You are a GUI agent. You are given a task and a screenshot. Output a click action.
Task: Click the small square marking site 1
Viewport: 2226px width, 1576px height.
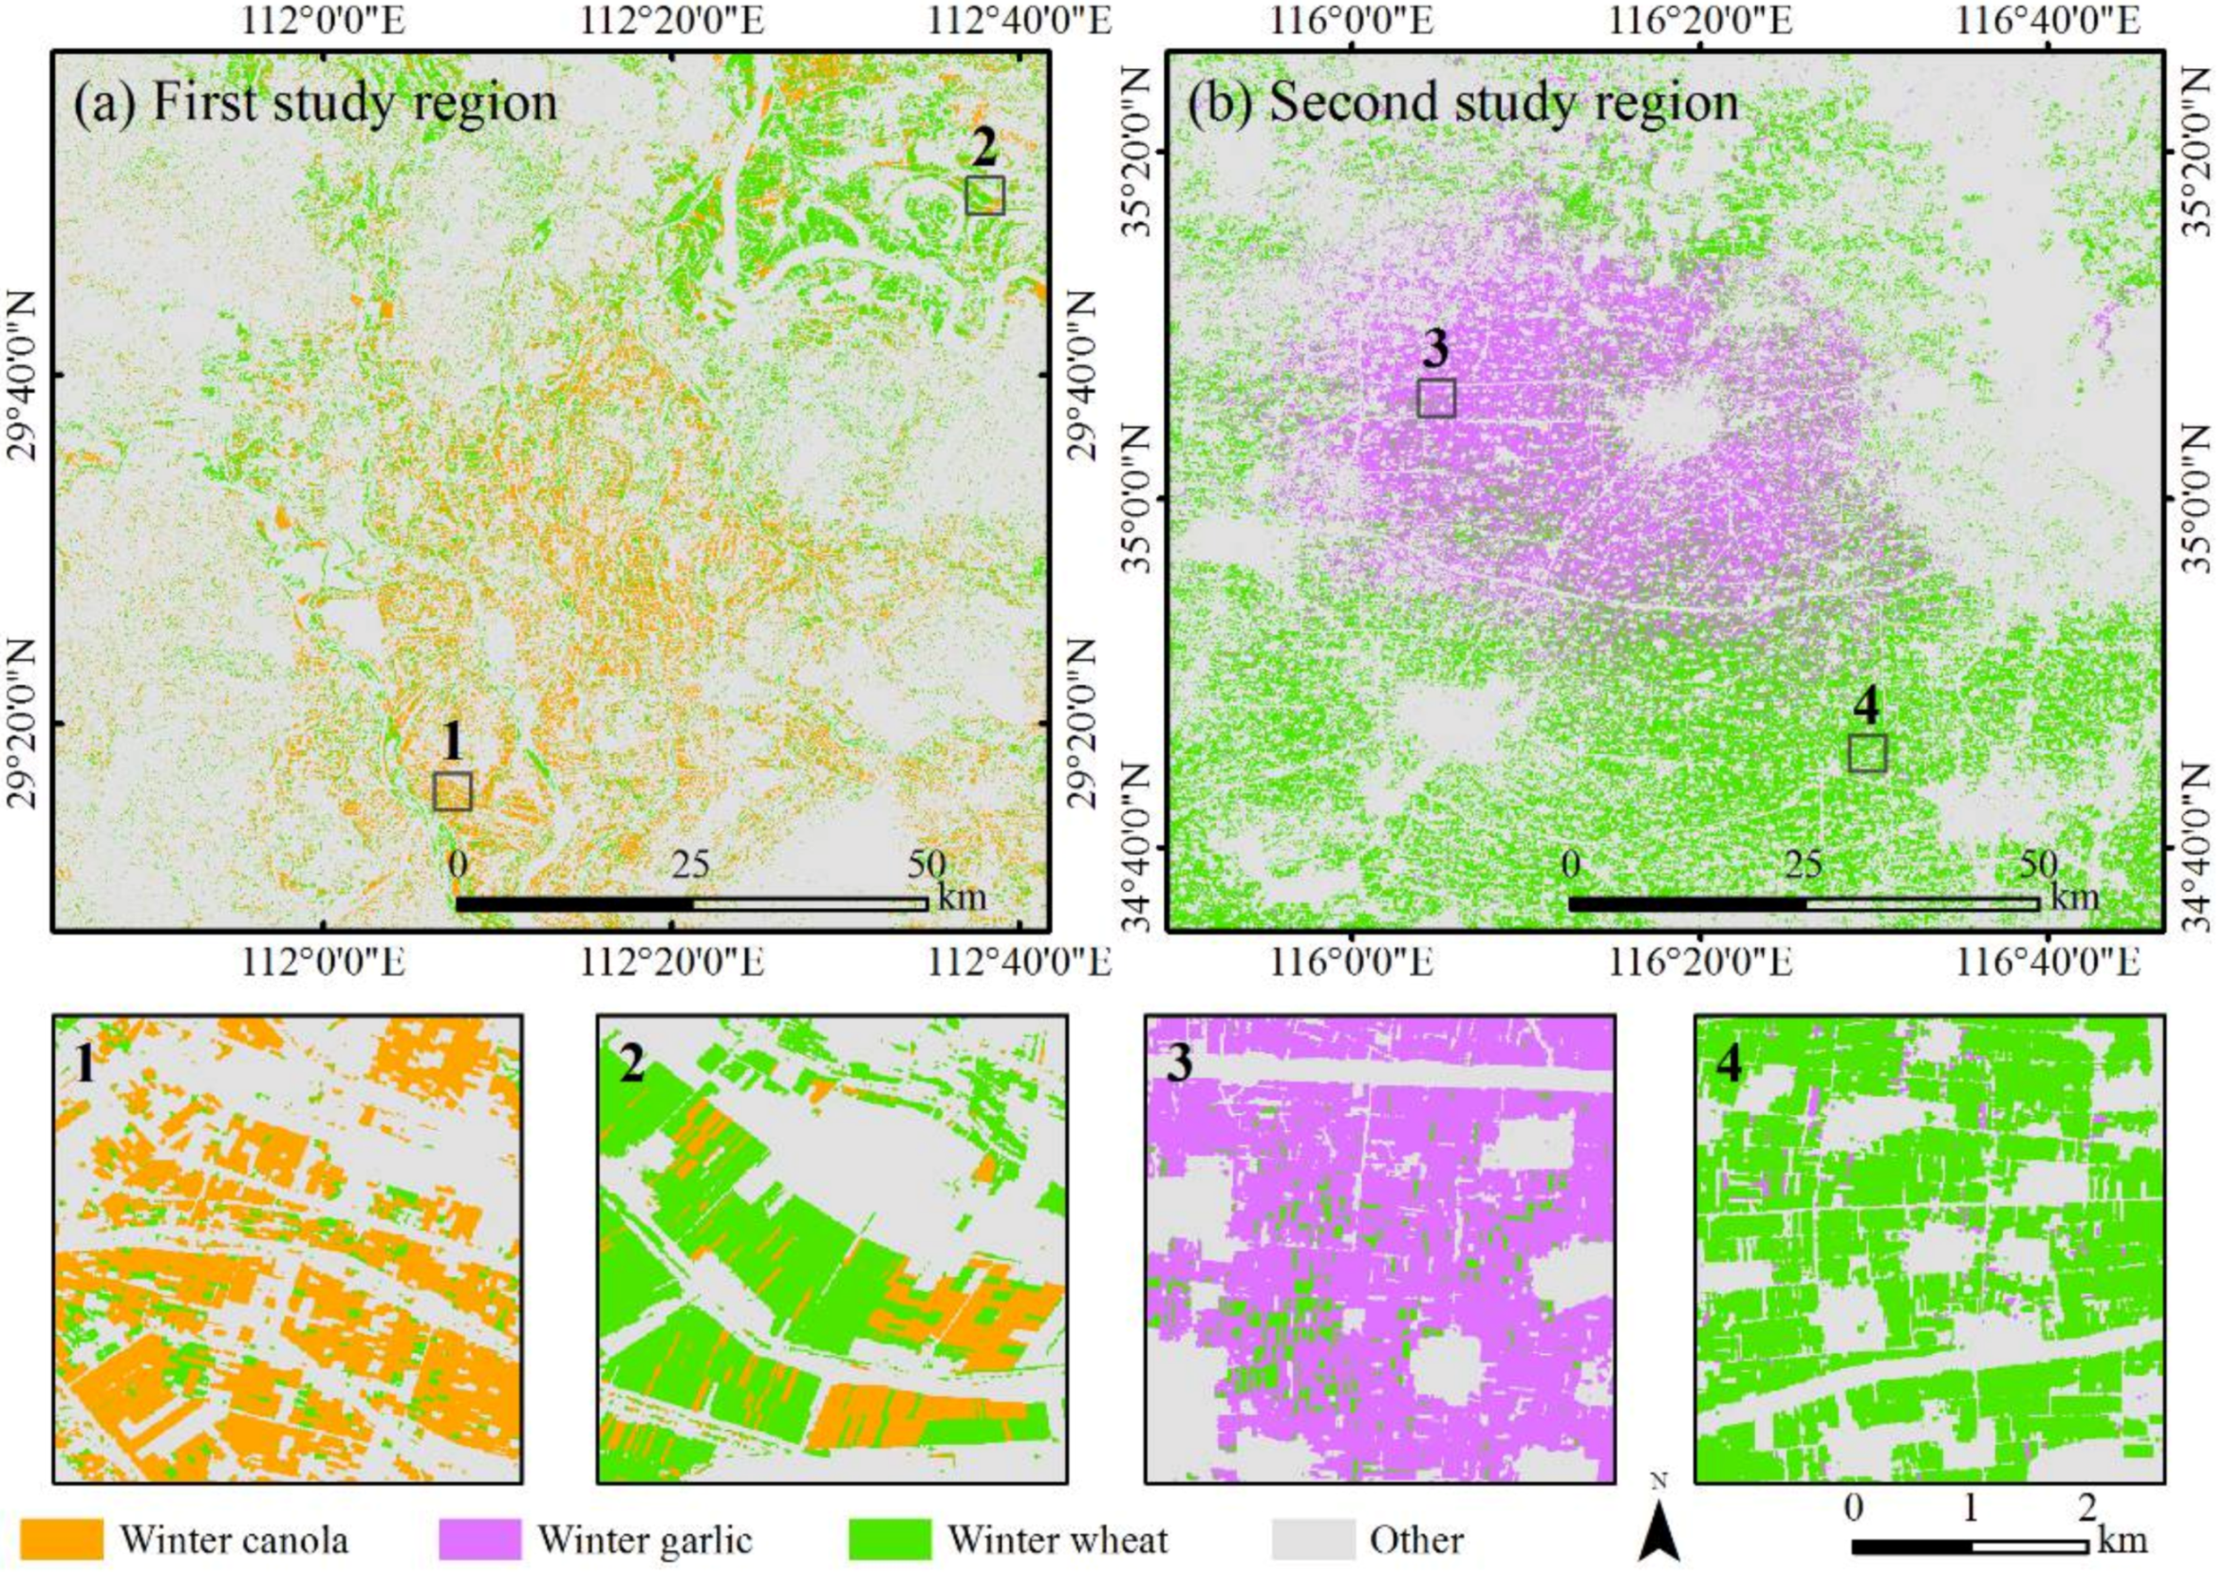coord(452,791)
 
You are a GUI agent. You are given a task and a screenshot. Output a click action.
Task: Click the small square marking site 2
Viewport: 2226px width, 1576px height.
coord(984,195)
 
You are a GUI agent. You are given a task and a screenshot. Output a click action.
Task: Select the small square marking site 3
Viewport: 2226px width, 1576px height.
coord(1436,398)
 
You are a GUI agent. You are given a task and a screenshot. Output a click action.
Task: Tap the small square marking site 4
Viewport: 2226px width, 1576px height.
coord(1867,753)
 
